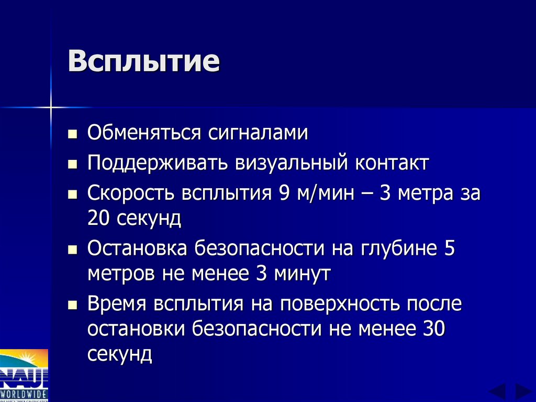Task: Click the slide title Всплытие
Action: pyautogui.click(x=143, y=62)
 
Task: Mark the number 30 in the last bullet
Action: pyautogui.click(x=432, y=329)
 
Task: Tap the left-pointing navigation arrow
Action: pyautogui.click(x=498, y=392)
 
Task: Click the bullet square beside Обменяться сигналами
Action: pyautogui.click(x=73, y=134)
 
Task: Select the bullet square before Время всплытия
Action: pyautogui.click(x=73, y=305)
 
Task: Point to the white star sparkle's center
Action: pyautogui.click(x=51, y=107)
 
